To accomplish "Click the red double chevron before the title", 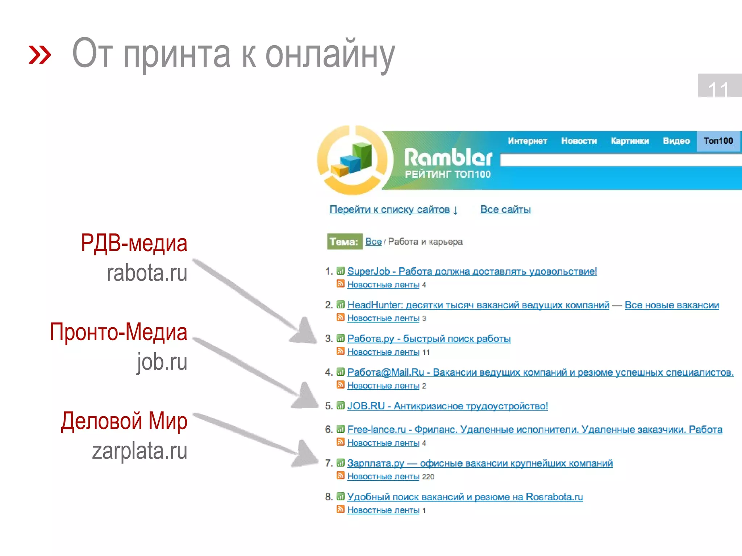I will click(x=40, y=55).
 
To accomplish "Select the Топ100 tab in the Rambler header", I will click(x=718, y=141).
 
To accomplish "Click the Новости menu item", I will click(x=579, y=141).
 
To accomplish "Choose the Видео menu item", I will click(x=676, y=141).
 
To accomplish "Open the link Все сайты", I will click(x=505, y=210).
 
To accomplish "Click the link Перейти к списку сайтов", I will click(x=393, y=210).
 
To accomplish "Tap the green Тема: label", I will click(x=344, y=241).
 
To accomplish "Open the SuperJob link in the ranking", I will click(x=472, y=271).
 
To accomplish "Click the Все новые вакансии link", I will click(x=672, y=305).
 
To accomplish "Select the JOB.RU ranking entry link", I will click(x=447, y=406).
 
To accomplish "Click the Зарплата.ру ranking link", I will click(x=480, y=463).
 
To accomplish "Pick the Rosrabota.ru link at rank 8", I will click(x=465, y=497).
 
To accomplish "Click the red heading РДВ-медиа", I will click(x=134, y=243).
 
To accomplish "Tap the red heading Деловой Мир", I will click(x=124, y=421).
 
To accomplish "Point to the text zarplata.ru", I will click(x=139, y=451).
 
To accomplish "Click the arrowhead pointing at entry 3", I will click(x=304, y=331).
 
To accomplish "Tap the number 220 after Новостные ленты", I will click(x=428, y=477).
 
